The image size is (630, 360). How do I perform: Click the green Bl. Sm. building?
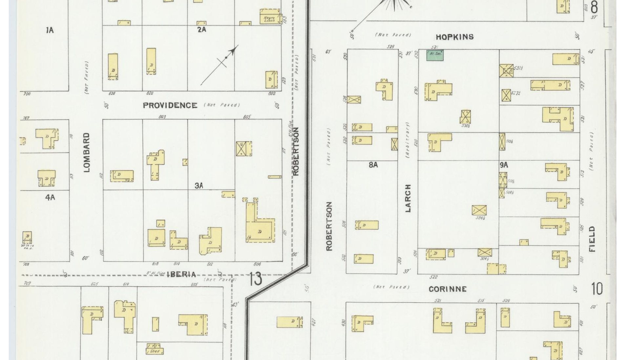[x=435, y=55]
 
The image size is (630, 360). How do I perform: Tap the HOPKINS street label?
[x=454, y=37]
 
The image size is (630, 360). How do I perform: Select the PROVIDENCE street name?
[x=170, y=105]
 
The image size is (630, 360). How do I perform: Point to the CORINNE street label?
[x=448, y=289]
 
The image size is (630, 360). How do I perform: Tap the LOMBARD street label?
[x=86, y=152]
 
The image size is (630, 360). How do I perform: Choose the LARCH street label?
[x=408, y=198]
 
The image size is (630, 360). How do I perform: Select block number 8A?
[x=373, y=165]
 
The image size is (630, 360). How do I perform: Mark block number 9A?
[x=504, y=165]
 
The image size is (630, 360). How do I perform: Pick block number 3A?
[x=199, y=186]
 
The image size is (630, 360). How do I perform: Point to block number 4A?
[x=50, y=198]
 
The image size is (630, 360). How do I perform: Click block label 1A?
[x=50, y=31]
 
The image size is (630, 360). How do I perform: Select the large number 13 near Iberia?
[x=255, y=279]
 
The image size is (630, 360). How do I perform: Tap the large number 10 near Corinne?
[x=597, y=289]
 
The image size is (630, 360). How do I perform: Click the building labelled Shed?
[x=155, y=351]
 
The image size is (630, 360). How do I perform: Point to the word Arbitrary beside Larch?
[x=408, y=140]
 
